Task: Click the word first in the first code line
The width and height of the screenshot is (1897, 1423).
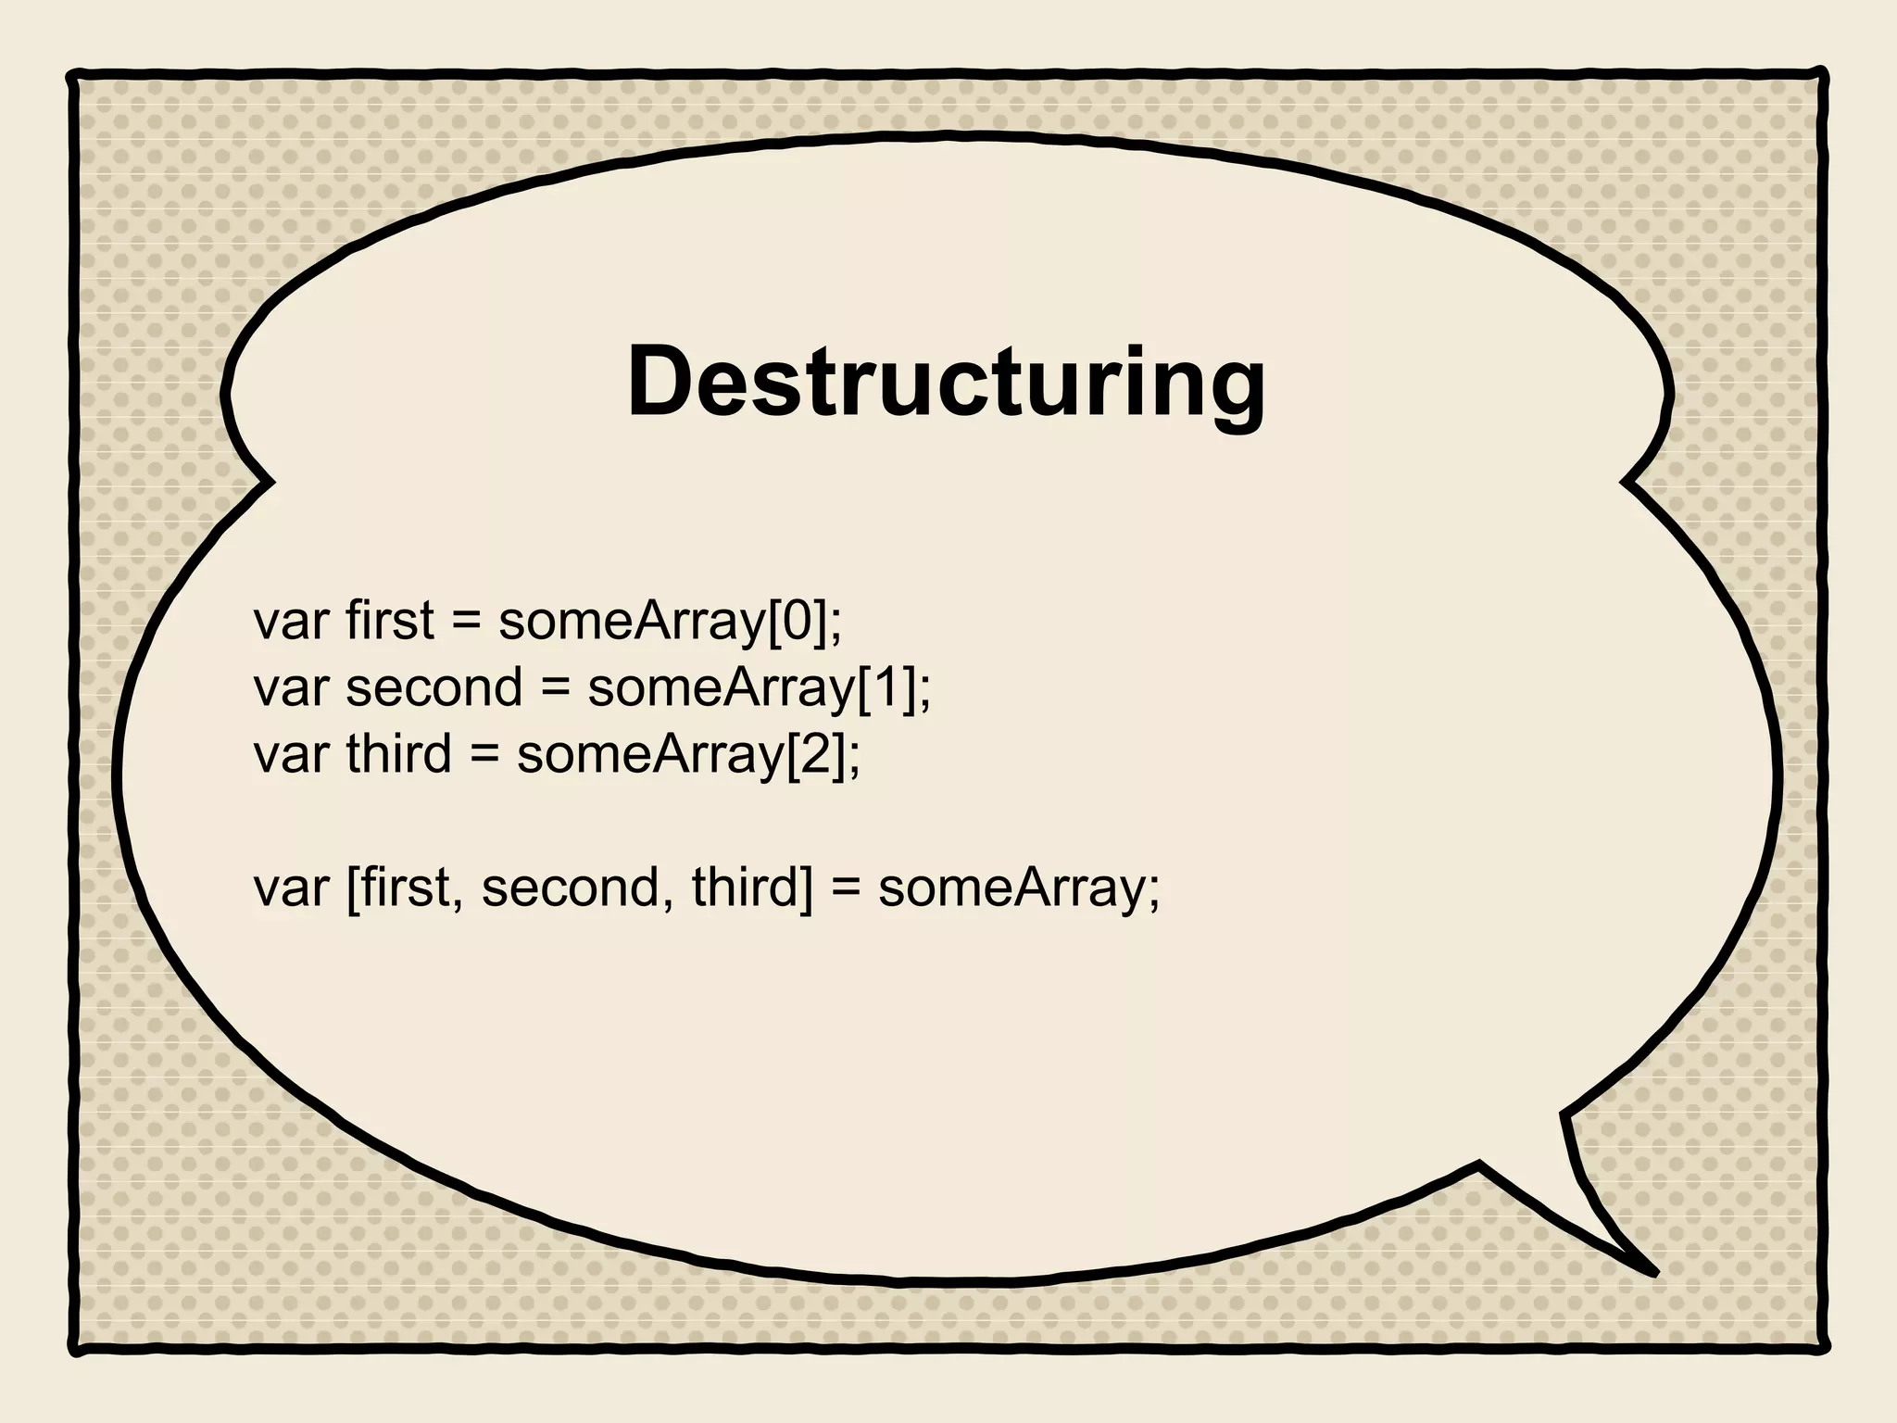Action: pos(389,621)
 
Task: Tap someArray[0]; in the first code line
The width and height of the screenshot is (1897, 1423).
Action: pos(671,621)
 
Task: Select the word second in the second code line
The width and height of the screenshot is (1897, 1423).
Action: pos(434,687)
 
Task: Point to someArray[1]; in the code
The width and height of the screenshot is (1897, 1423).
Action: pos(760,687)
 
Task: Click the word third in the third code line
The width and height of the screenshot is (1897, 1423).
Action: pos(398,753)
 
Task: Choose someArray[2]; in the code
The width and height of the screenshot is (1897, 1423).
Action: pos(688,753)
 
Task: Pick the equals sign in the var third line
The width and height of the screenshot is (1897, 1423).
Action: pos(484,755)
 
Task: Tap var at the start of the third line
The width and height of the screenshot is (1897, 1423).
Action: pos(291,755)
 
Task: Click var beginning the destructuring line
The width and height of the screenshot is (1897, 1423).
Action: pos(291,888)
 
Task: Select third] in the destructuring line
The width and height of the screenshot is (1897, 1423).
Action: pos(751,888)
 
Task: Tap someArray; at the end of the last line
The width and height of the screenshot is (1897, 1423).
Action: pos(1019,888)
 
